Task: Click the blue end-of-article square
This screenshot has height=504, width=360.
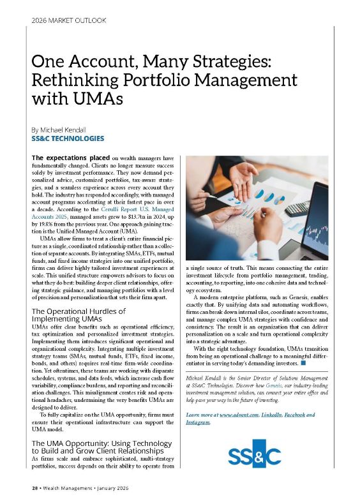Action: tap(304, 364)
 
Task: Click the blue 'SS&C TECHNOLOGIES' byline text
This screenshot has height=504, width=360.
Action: tap(68, 138)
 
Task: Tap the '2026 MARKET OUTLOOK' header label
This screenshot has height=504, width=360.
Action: tap(68, 20)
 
